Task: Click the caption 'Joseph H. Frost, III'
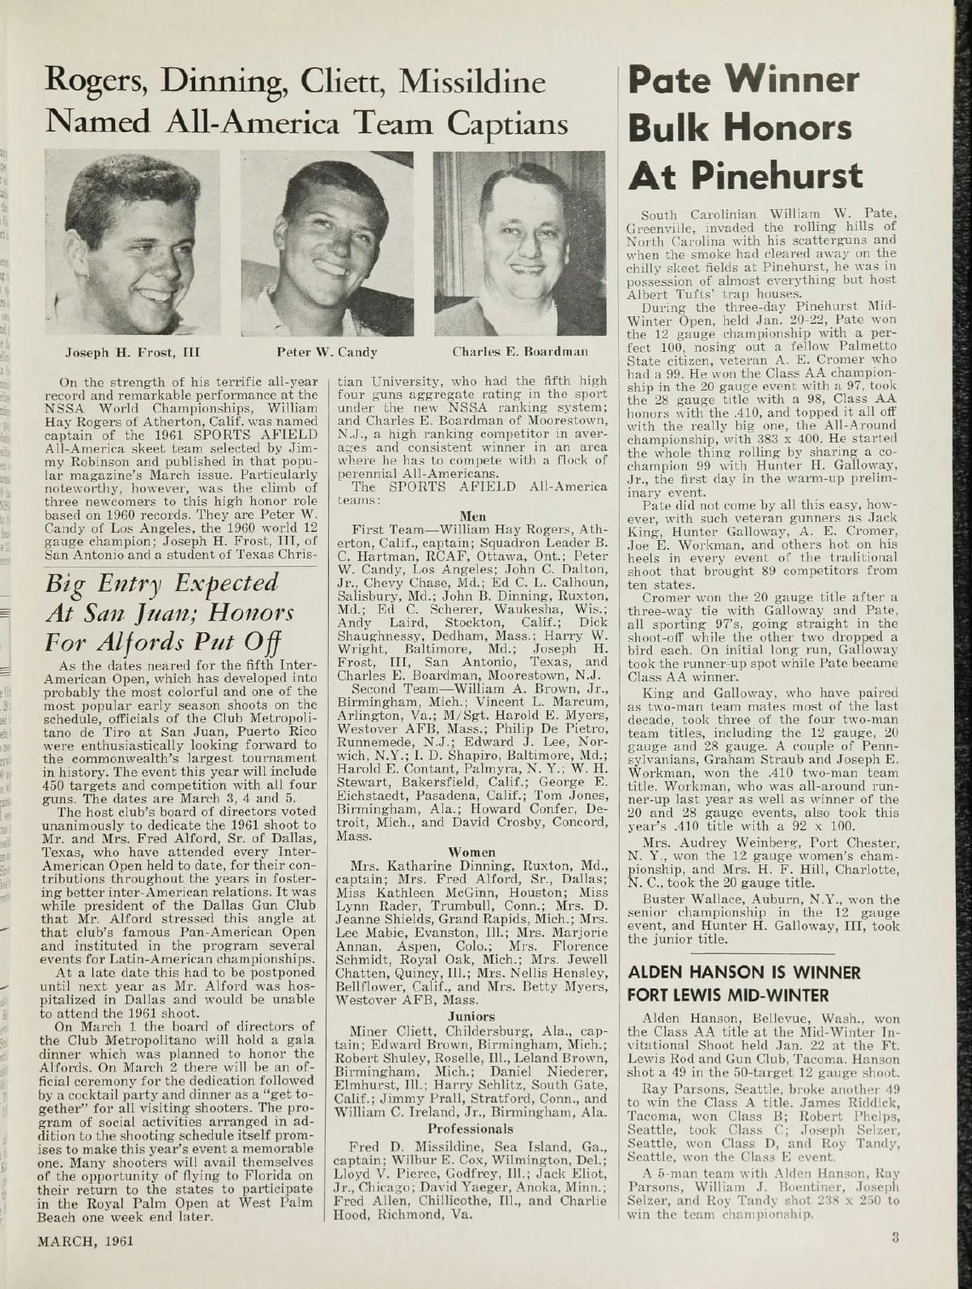point(129,353)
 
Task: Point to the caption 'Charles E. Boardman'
point(518,353)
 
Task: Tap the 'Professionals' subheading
point(471,1128)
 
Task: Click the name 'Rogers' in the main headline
point(101,81)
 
